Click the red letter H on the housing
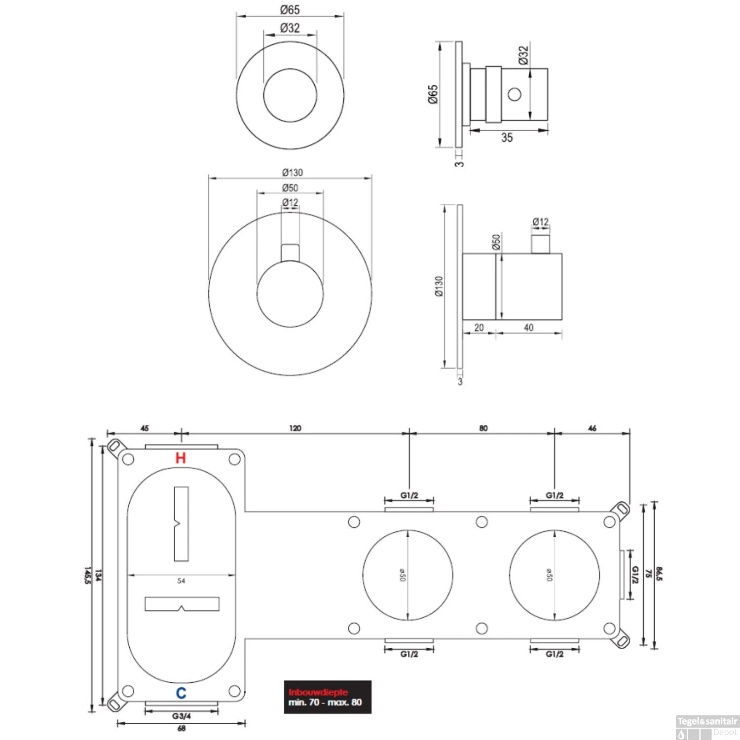181,458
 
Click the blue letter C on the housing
181,693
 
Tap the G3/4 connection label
182,716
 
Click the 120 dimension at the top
295,428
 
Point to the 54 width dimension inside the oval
181,581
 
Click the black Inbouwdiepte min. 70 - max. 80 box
327,697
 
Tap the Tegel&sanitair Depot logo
706,727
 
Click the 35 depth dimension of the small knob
507,138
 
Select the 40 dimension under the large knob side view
528,328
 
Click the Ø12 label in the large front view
290,202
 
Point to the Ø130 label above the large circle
293,172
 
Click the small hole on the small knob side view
515,94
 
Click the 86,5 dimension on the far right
660,574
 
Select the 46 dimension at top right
592,428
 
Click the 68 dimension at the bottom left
181,728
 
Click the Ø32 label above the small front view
290,28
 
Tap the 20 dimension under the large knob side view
479,328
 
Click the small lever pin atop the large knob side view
541,244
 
